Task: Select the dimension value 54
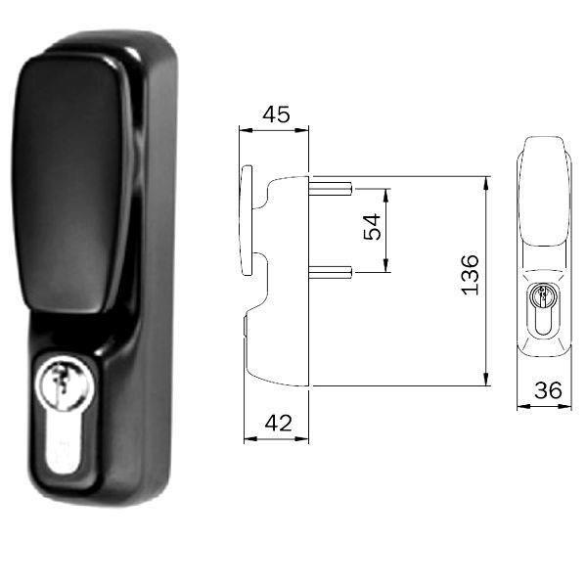[373, 229]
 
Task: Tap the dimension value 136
[469, 277]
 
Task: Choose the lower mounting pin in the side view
[333, 270]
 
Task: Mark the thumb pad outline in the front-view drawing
[544, 196]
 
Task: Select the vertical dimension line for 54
[388, 229]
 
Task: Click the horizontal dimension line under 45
[274, 129]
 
